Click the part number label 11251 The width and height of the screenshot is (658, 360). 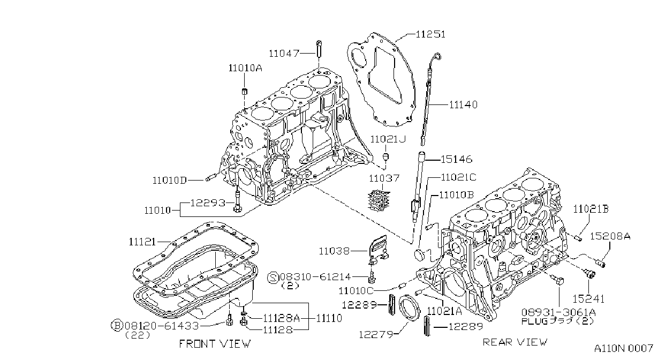[x=430, y=34]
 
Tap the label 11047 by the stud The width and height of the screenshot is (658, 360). [x=284, y=54]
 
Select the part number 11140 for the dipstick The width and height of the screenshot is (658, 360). [x=463, y=104]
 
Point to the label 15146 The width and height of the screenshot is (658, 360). [x=457, y=160]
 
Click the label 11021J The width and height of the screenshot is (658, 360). [x=388, y=139]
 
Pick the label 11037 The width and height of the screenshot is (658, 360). [x=384, y=178]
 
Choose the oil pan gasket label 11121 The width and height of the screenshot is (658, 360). [x=142, y=242]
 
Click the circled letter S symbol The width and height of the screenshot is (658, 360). [x=273, y=277]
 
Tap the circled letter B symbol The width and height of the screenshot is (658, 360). [x=117, y=325]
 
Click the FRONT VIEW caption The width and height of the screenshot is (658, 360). [x=215, y=344]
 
